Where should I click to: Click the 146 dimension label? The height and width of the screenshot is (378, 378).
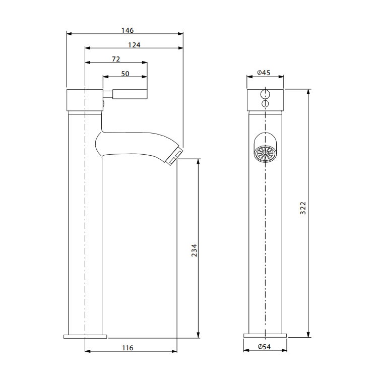128,30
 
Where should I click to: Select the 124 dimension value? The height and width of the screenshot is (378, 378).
134,45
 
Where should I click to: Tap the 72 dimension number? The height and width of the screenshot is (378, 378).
116,59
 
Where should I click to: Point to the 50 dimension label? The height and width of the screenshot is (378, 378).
125,74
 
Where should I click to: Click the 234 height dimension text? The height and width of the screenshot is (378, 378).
195,250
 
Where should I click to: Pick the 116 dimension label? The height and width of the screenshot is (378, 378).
128,348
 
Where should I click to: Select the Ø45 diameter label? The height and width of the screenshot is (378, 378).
264,72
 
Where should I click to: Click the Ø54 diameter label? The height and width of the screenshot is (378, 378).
264,347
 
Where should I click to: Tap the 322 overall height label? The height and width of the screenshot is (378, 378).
303,208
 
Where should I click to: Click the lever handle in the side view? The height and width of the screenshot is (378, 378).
125,94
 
